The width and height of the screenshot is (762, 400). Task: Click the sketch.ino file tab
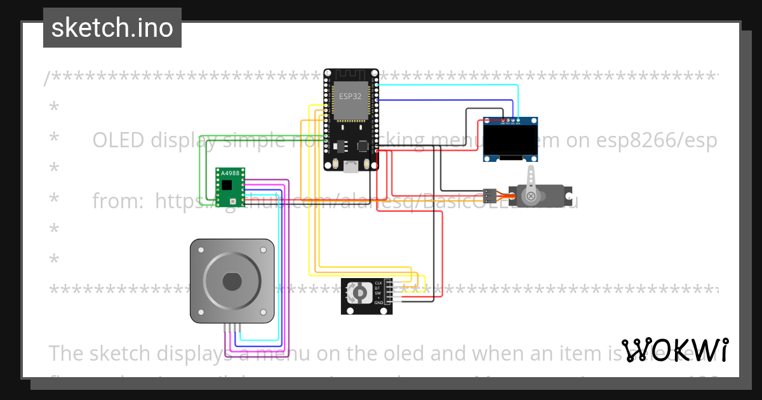112,28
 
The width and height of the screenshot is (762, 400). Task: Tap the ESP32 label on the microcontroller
351,97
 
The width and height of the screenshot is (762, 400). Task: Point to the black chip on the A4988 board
227,185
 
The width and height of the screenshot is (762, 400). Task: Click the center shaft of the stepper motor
232,280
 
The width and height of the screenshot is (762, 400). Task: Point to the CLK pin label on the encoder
378,283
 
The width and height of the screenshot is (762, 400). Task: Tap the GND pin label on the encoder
378,303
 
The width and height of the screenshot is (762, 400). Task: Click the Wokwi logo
674,350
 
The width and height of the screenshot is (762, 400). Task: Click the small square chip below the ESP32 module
363,145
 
